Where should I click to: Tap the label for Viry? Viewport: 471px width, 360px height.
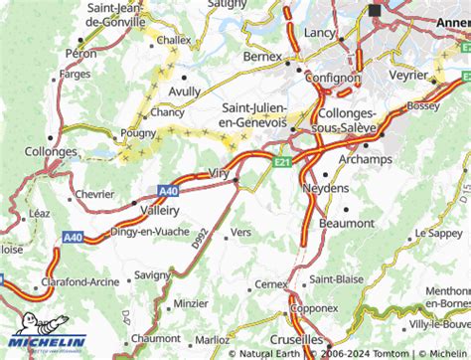(x=220, y=173)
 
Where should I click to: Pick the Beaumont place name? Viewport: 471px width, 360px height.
(x=348, y=224)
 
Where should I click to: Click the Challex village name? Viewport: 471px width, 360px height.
(x=172, y=41)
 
